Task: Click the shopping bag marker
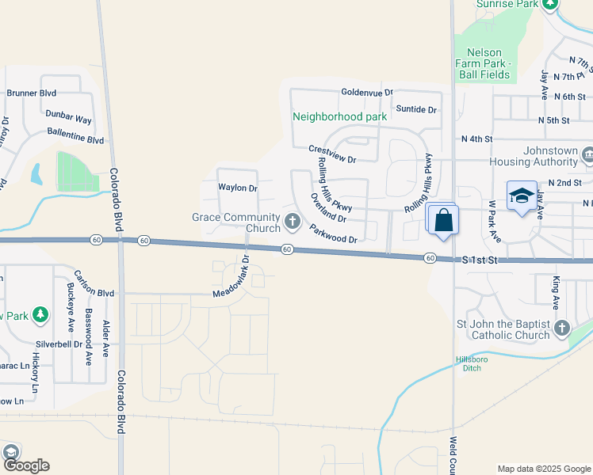click(x=444, y=221)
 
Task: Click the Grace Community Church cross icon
click(x=292, y=218)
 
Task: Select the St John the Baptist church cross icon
click(x=561, y=327)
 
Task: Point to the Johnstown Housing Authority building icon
click(x=587, y=154)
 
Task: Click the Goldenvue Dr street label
click(x=367, y=92)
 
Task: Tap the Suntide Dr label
click(x=416, y=108)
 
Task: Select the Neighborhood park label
click(x=339, y=116)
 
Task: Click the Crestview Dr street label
click(x=332, y=154)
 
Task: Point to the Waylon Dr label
click(x=238, y=188)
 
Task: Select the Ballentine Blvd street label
click(x=75, y=135)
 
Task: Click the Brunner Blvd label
click(x=31, y=93)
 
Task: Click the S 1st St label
click(x=478, y=260)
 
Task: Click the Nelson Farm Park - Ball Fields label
click(x=484, y=63)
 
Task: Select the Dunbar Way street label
click(x=68, y=116)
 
